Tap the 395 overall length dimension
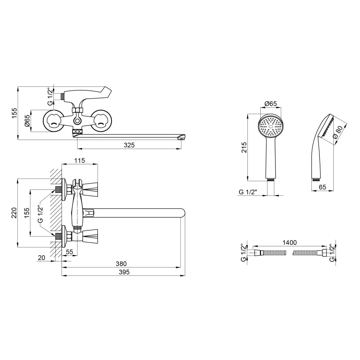[124, 272]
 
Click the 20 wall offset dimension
[41, 258]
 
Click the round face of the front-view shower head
[270, 126]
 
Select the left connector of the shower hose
[258, 253]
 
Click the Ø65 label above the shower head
[270, 104]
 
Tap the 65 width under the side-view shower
[322, 187]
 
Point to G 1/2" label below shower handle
[249, 192]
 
